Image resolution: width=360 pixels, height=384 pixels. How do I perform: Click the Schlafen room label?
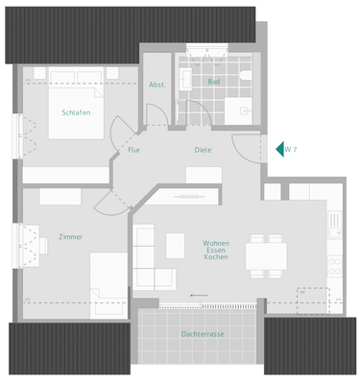(76, 112)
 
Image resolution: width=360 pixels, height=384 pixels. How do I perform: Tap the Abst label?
(156, 84)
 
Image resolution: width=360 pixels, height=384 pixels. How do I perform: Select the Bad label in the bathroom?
(213, 82)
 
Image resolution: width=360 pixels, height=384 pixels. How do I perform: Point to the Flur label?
(134, 150)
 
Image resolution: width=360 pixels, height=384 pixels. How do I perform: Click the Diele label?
(203, 150)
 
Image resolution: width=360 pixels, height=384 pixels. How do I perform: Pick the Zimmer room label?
(70, 236)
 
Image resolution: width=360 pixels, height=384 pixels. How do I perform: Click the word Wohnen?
(216, 244)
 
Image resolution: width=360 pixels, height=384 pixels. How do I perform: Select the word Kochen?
(216, 259)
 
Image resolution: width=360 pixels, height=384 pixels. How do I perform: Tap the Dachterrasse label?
(202, 334)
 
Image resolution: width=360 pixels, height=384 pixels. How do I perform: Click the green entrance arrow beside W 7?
(280, 149)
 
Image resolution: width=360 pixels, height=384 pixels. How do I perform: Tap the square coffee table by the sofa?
(176, 246)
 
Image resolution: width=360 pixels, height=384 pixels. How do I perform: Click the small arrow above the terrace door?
(199, 294)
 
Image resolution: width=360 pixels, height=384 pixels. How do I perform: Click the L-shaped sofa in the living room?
(150, 259)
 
